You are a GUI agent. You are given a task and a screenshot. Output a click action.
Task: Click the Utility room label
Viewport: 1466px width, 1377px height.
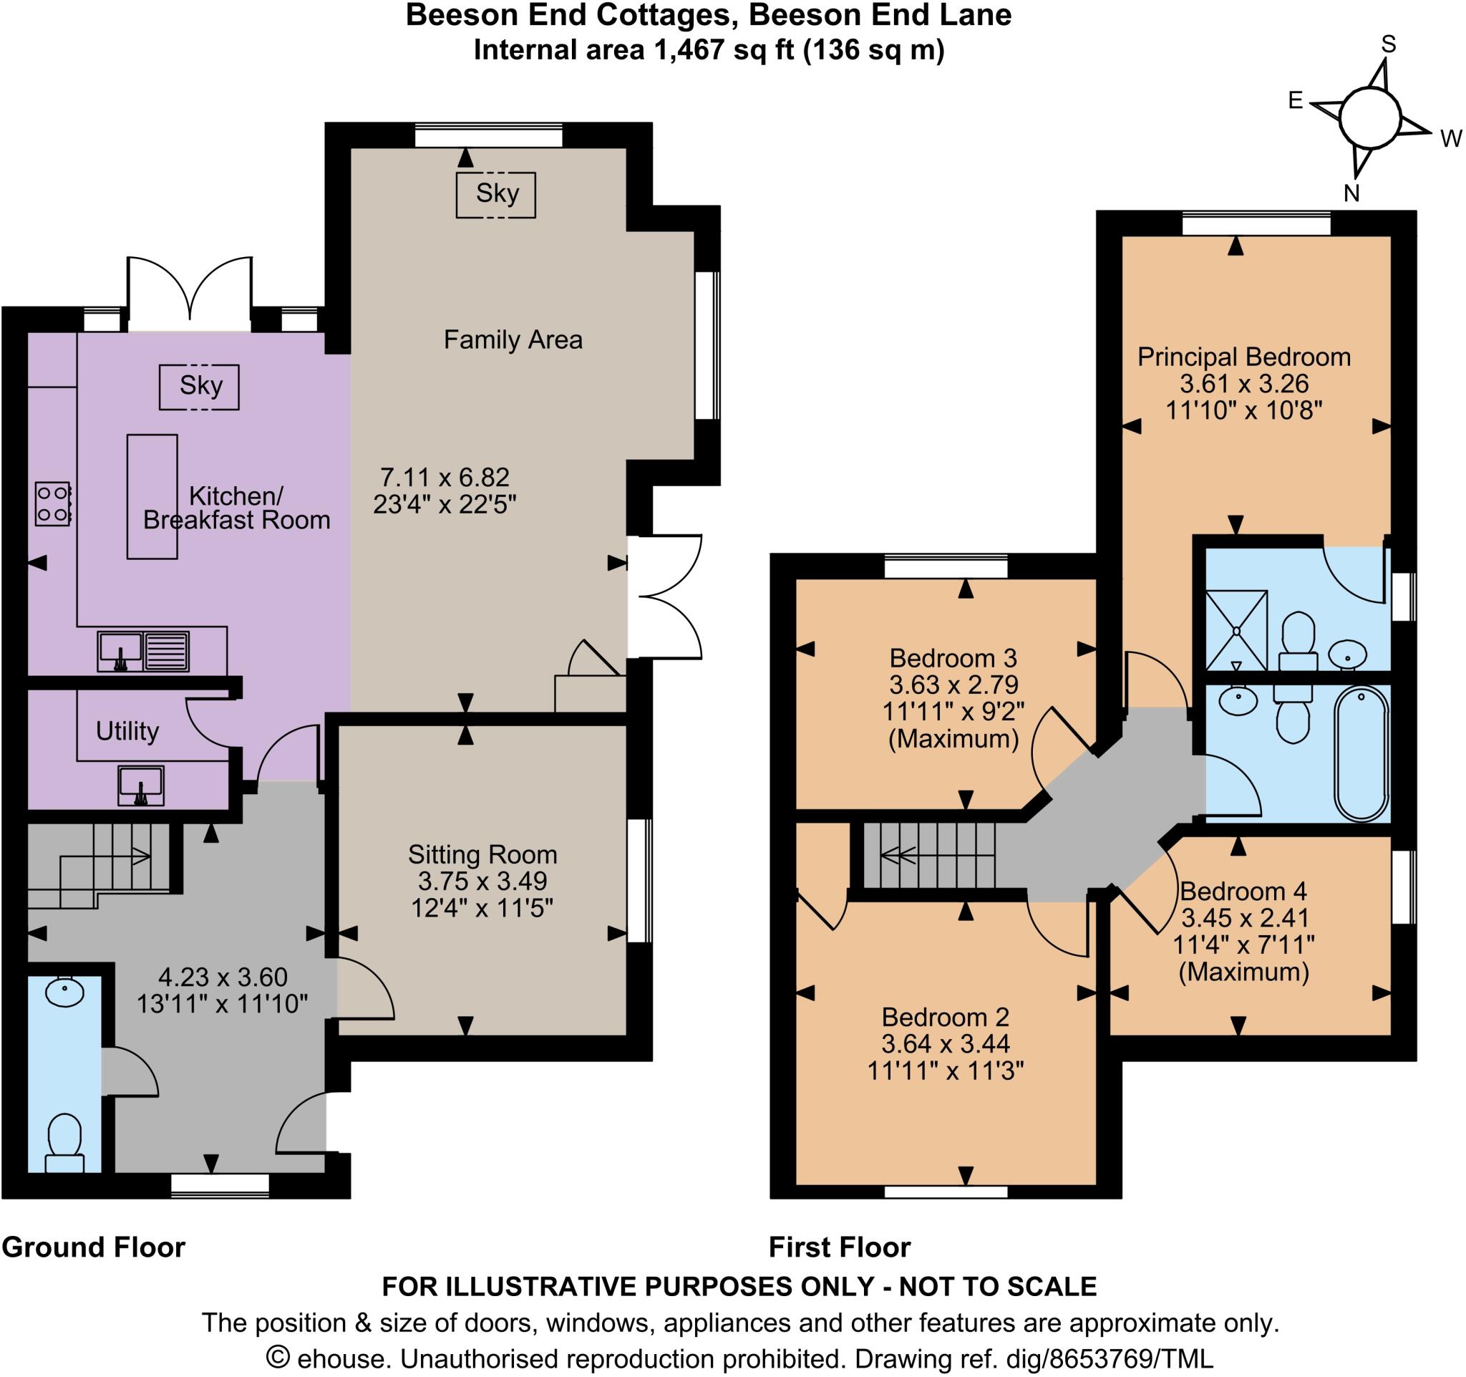coord(127,731)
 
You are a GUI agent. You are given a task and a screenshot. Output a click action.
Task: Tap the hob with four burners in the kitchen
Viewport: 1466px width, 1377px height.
coord(53,503)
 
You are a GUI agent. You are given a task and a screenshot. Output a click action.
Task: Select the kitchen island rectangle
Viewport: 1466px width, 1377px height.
coord(152,496)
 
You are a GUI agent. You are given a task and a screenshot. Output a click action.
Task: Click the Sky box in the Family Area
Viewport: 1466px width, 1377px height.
coord(496,194)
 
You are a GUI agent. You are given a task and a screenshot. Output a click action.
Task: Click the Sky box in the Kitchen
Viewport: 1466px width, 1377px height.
coord(200,386)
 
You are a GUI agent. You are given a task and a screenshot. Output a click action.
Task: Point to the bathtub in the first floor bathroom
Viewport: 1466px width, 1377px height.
coord(1361,753)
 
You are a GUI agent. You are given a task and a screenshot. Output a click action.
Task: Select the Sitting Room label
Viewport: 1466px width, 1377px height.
coord(482,855)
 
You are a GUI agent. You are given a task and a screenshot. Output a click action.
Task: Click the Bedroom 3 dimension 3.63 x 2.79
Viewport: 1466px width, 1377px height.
coord(953,685)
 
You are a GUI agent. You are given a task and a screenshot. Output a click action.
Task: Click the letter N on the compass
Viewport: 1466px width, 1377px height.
coord(1351,193)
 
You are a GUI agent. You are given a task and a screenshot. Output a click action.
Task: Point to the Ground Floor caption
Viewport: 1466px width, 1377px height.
coord(94,1247)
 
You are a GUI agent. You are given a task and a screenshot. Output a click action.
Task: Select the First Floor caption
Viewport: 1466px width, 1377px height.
coord(839,1247)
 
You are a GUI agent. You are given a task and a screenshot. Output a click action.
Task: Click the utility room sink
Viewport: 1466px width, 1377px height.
coord(141,785)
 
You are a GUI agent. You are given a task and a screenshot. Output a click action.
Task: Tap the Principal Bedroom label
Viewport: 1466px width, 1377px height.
coord(1243,357)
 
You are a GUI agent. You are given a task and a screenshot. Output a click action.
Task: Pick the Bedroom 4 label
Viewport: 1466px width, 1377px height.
coord(1243,891)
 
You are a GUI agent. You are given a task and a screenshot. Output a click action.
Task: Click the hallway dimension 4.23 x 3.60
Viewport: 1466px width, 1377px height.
coord(223,977)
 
